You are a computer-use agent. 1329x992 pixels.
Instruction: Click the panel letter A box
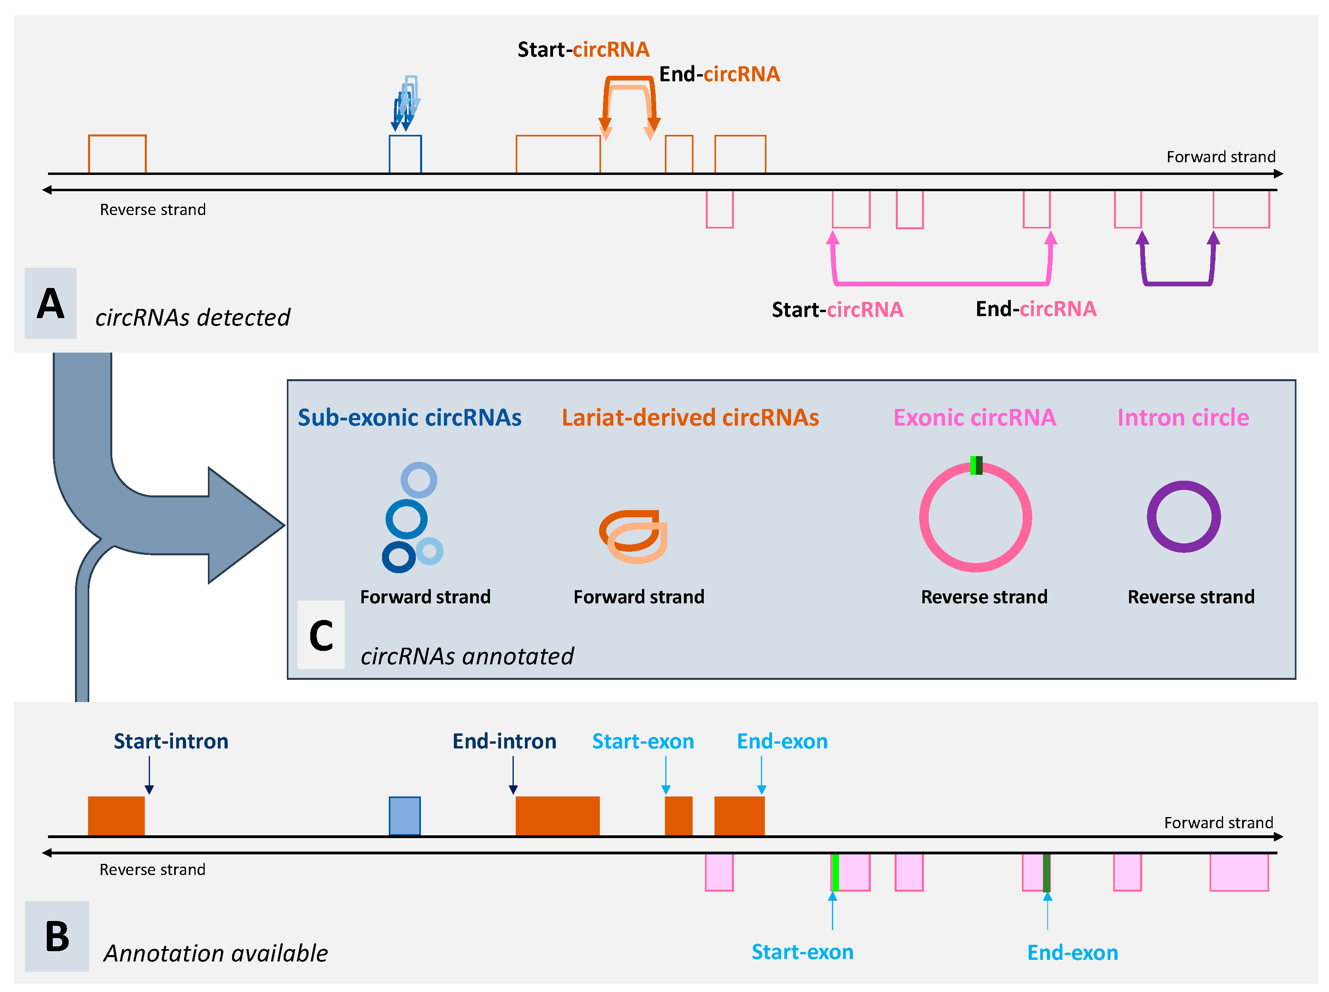click(x=50, y=303)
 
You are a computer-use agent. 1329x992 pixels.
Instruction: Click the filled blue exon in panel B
click(x=404, y=815)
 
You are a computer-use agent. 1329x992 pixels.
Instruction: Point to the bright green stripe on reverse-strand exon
click(x=835, y=872)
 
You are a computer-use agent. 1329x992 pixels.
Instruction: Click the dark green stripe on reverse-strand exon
click(x=1046, y=872)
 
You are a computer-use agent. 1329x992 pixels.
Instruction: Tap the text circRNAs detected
click(x=192, y=317)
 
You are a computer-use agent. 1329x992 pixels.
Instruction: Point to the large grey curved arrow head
click(x=246, y=526)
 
